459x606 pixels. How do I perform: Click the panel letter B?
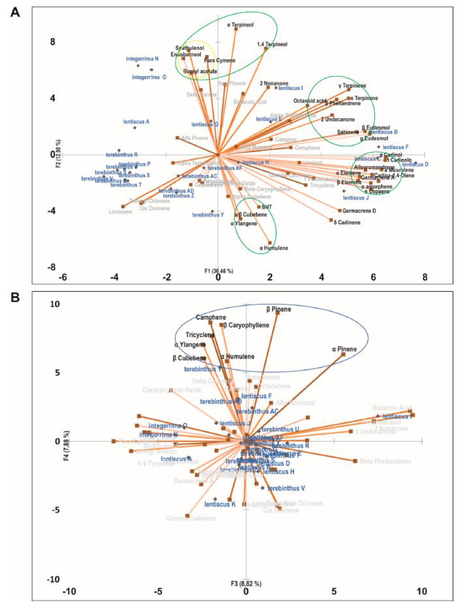[x=15, y=298]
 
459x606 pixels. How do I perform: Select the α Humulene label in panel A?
[x=274, y=248]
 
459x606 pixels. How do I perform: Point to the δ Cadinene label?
[x=347, y=222]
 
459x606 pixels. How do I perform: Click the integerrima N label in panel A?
[x=142, y=59]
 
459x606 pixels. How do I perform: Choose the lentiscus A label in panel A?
[x=136, y=121]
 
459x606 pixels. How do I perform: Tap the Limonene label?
[x=120, y=212]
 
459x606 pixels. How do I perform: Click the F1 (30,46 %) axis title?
[x=219, y=271]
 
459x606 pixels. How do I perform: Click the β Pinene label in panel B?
[x=278, y=309]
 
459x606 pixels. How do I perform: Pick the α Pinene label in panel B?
[x=344, y=349]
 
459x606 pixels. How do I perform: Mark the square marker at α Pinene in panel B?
[x=343, y=355]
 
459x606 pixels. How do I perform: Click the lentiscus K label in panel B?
[x=220, y=504]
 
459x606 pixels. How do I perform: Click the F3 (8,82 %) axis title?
[x=246, y=584]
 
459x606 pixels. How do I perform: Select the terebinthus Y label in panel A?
[x=208, y=215]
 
